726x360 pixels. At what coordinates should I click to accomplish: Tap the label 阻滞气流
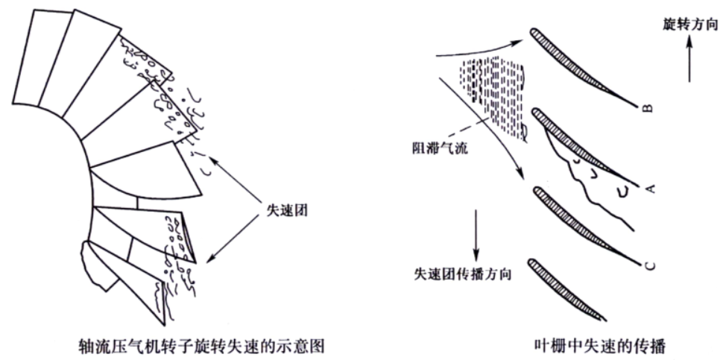pos(436,150)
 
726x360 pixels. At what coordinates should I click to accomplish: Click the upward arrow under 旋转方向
pos(689,60)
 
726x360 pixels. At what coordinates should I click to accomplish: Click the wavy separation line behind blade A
pos(588,180)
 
